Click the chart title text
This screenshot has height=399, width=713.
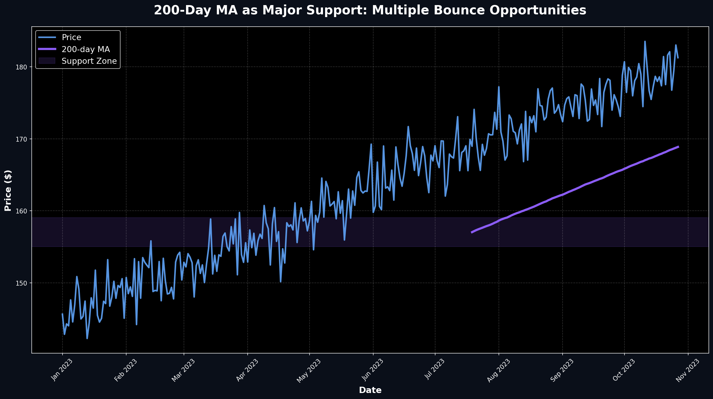click(370, 10)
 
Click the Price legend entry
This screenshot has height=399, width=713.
click(71, 37)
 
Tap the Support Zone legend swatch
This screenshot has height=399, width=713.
click(47, 61)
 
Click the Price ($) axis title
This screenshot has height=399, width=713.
click(8, 190)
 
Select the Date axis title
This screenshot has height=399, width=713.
click(370, 390)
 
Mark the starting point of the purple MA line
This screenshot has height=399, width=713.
click(472, 232)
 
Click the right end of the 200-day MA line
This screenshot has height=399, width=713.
click(679, 147)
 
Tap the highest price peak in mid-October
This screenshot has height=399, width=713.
click(645, 42)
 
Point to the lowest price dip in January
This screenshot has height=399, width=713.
click(87, 338)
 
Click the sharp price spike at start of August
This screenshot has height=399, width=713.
click(499, 87)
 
